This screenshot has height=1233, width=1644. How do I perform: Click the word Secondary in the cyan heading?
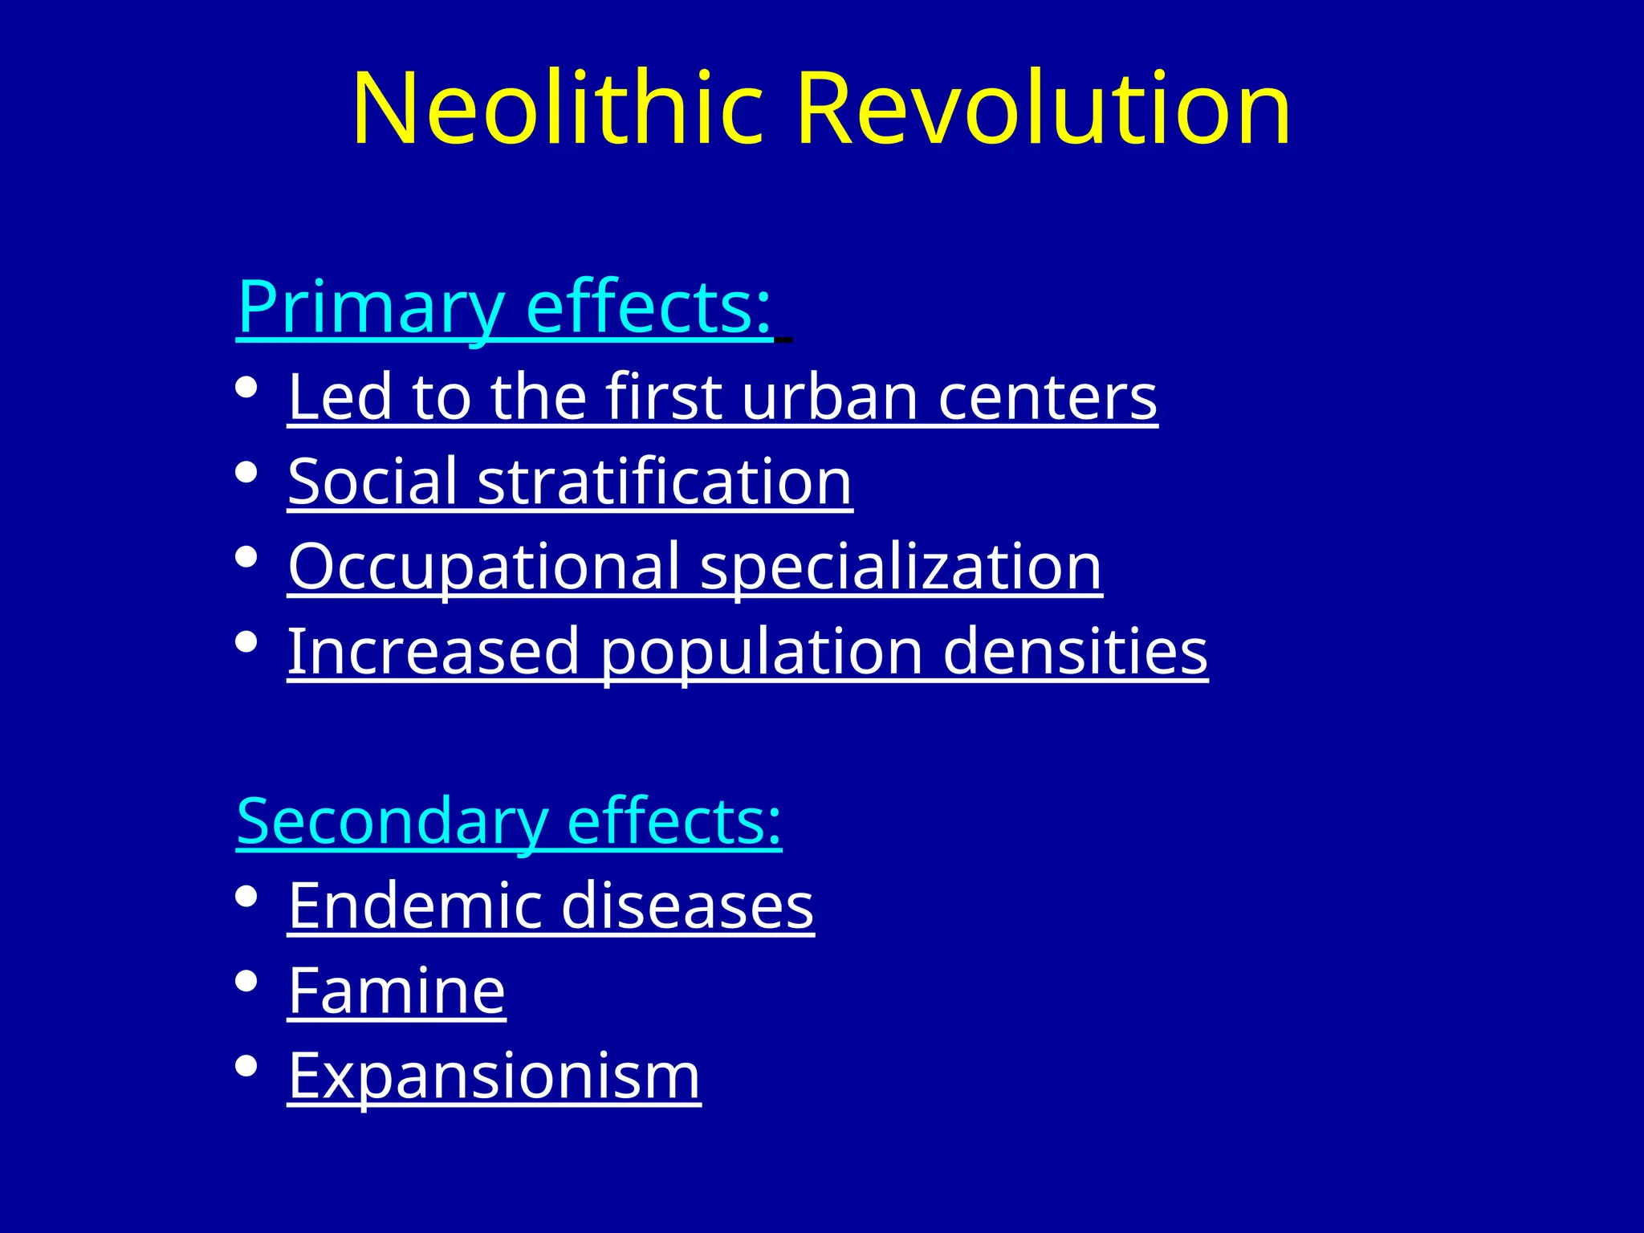pyautogui.click(x=392, y=822)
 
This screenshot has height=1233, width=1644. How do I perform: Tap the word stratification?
pyautogui.click(x=665, y=482)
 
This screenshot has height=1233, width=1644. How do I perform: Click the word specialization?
pyautogui.click(x=901, y=567)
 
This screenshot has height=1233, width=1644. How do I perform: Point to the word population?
pyautogui.click(x=762, y=653)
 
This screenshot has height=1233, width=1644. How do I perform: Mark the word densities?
pyautogui.click(x=1075, y=651)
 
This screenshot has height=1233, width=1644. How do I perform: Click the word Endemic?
pyautogui.click(x=415, y=906)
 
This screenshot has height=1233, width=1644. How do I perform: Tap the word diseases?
pyautogui.click(x=687, y=906)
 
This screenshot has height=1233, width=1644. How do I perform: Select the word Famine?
pyautogui.click(x=397, y=991)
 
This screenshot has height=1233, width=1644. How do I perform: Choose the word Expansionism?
pyautogui.click(x=494, y=1076)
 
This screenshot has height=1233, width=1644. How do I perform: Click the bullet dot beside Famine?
pyautogui.click(x=246, y=981)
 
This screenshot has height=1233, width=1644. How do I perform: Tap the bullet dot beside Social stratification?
pyautogui.click(x=246, y=472)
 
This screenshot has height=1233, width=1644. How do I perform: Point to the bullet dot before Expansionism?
pyautogui.click(x=246, y=1066)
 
